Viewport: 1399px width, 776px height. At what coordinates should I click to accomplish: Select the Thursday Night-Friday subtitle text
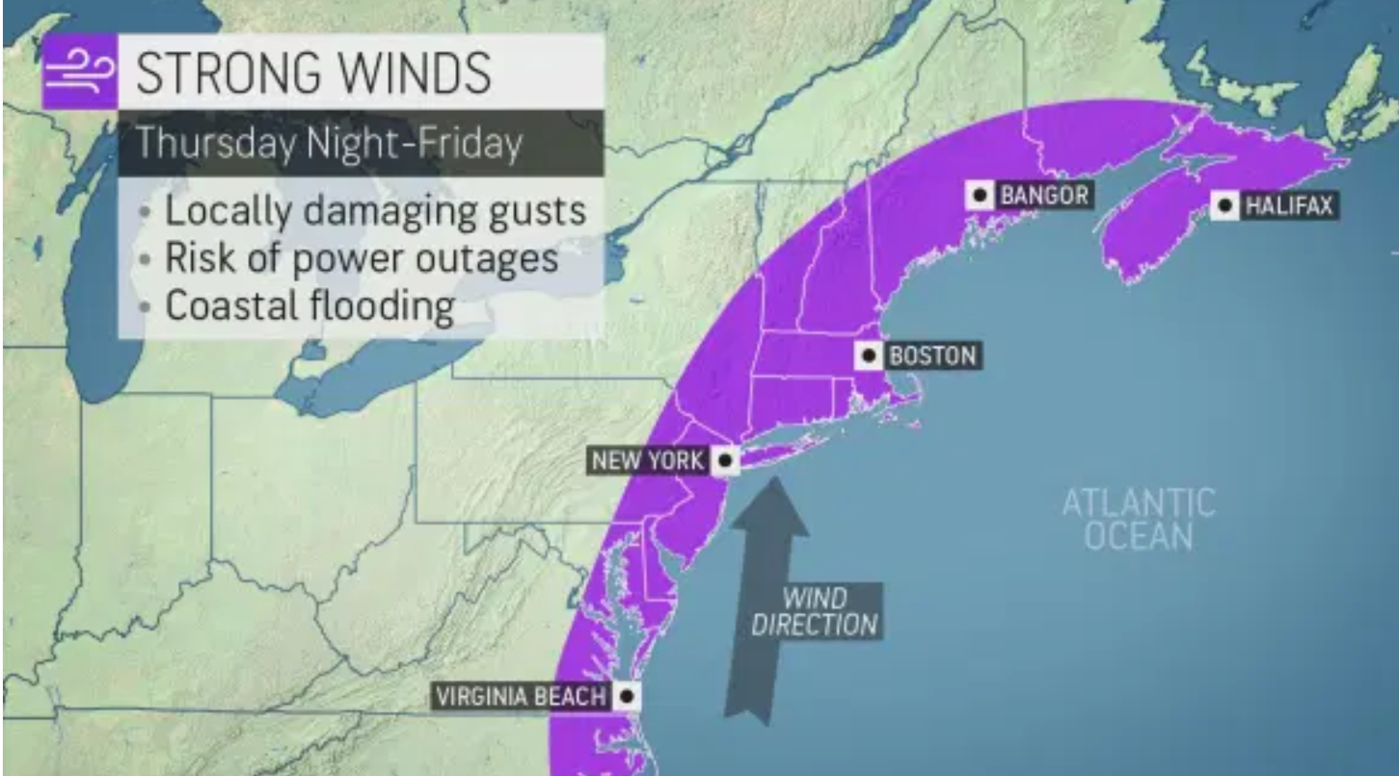(x=329, y=144)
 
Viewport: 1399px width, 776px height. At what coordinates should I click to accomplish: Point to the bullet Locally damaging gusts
(x=374, y=210)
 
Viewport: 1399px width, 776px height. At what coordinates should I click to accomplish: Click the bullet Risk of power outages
(x=361, y=258)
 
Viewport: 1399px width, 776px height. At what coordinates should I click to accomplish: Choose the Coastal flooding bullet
(x=309, y=306)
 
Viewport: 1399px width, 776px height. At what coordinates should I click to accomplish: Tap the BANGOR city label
(x=1043, y=196)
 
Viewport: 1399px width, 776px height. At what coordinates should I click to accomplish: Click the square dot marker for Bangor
(x=981, y=196)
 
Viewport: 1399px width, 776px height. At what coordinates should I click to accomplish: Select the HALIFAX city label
(x=1288, y=205)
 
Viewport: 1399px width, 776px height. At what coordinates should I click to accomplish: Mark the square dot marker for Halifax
(x=1225, y=205)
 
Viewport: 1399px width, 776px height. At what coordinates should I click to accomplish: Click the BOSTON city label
(x=931, y=356)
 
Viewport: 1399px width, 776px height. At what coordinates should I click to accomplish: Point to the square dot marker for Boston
(x=870, y=356)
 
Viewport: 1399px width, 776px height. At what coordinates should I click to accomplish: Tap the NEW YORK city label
(x=648, y=461)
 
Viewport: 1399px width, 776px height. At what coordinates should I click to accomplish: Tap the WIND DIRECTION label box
(x=816, y=610)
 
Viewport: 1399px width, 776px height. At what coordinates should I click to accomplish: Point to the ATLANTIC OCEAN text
(x=1138, y=519)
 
